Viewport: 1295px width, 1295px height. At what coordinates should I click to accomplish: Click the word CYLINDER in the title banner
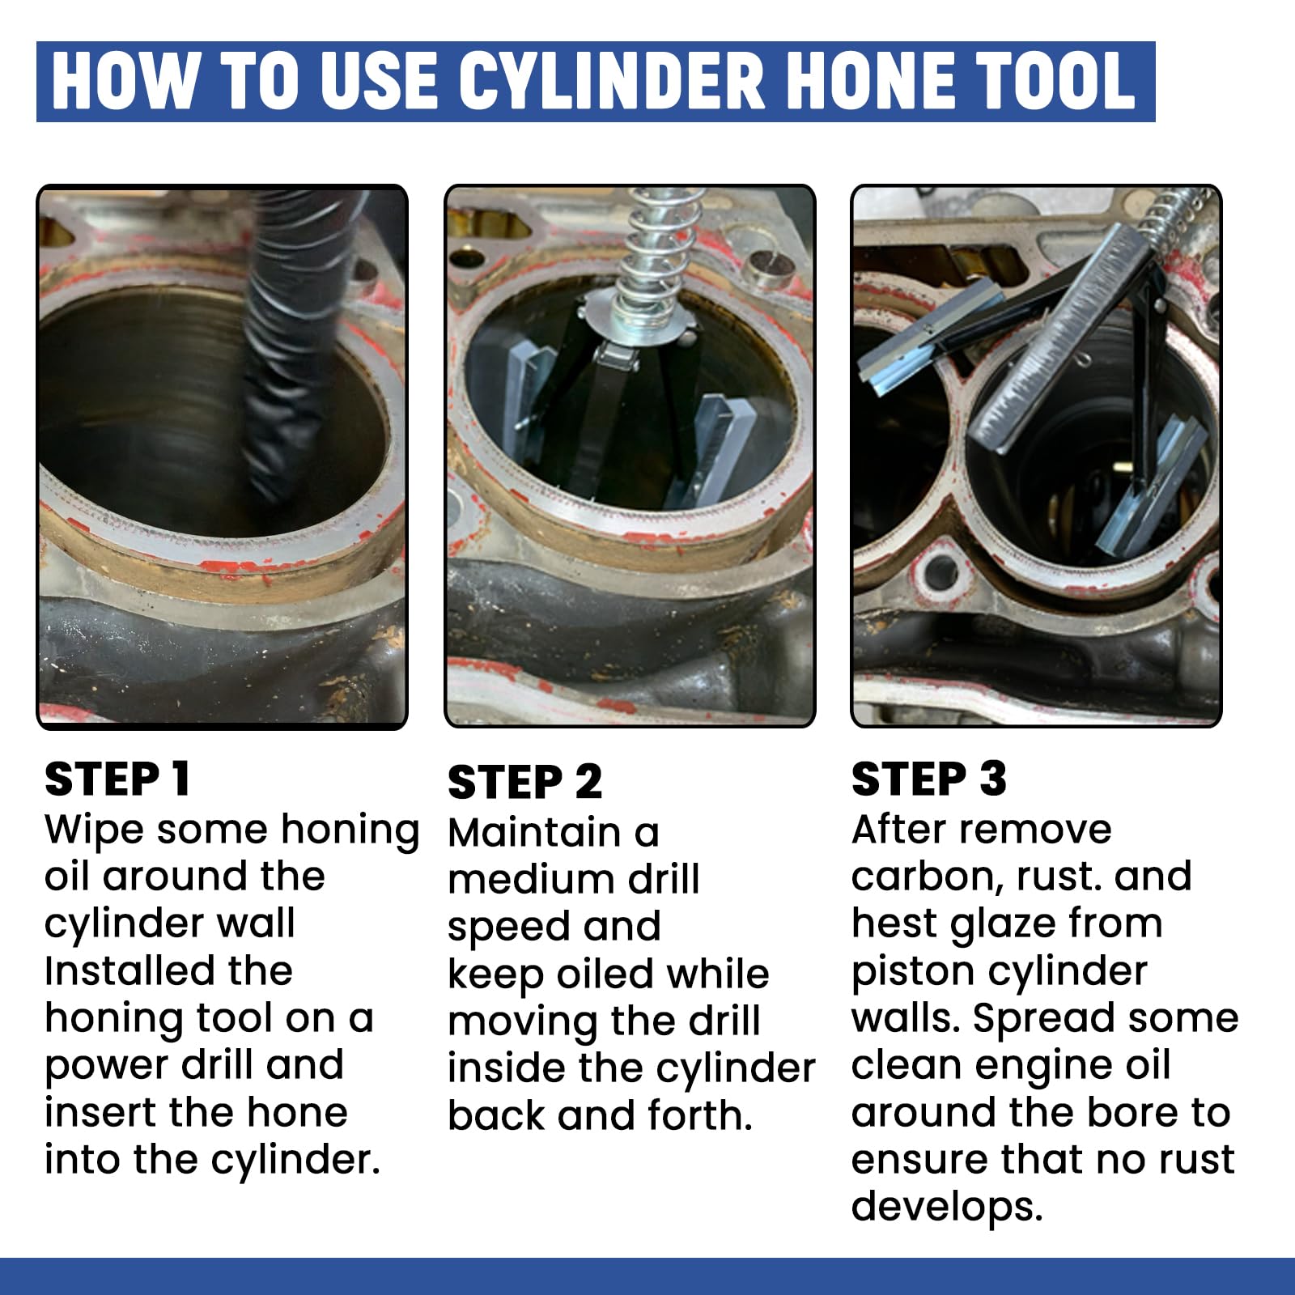click(611, 81)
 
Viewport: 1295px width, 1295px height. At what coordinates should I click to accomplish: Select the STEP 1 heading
click(117, 779)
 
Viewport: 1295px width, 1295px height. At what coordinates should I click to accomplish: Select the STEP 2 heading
click(524, 783)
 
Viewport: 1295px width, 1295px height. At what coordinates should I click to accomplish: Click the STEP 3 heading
click(928, 779)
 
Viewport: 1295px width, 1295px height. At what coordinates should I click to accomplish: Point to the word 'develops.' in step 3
click(947, 1207)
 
